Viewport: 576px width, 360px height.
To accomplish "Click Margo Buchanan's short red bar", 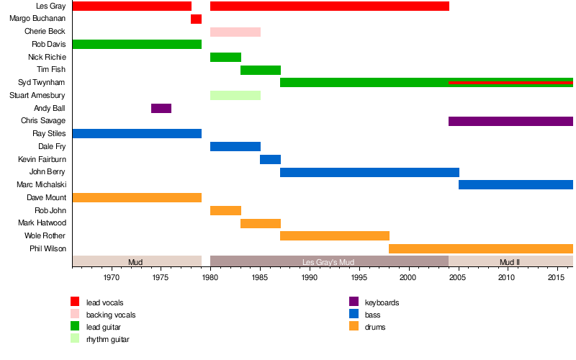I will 196,19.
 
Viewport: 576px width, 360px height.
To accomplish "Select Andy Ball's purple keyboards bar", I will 161,108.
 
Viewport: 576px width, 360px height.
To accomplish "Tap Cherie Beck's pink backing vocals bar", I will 235,32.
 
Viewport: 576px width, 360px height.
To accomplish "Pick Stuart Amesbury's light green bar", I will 235,95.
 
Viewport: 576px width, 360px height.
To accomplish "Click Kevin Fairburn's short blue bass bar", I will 270,159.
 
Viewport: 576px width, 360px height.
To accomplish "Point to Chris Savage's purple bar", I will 510,121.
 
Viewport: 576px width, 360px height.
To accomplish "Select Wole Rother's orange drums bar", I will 334,235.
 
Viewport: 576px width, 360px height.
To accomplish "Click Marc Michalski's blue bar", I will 516,184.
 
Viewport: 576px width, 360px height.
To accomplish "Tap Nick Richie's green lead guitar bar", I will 225,57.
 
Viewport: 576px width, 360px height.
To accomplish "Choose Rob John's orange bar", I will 225,210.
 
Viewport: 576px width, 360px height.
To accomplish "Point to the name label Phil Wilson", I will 49,248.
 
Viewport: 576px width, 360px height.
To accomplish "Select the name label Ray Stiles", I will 49,134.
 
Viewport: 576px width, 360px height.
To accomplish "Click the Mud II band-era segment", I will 510,261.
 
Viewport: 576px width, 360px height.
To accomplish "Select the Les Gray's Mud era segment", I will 329,261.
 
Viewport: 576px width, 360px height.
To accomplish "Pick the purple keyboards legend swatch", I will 354,302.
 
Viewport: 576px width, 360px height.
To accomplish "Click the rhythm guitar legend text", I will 108,339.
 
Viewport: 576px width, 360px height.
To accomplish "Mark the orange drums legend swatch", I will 354,326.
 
